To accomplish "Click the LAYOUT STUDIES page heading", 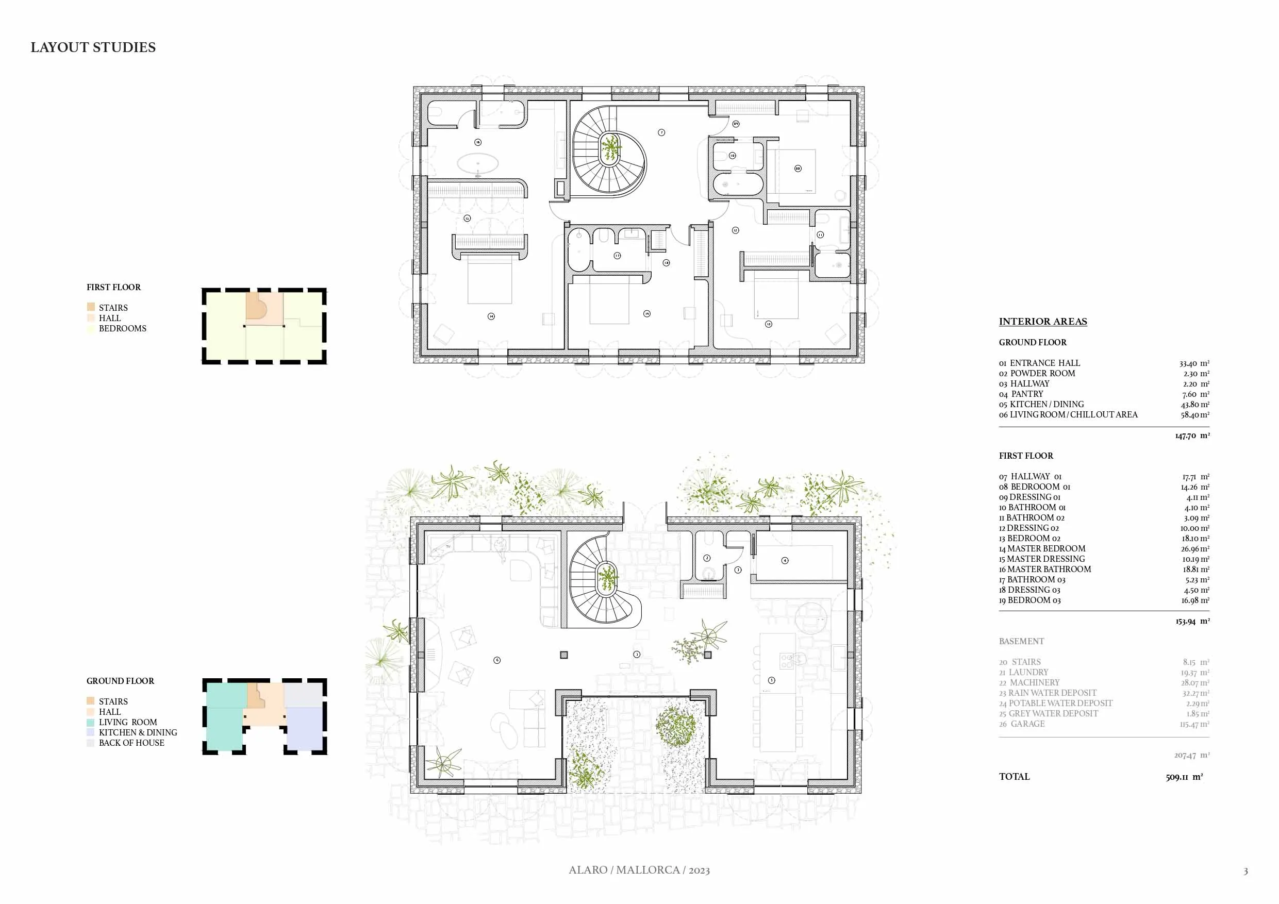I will [x=93, y=47].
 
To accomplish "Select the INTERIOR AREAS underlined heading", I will [x=1042, y=322].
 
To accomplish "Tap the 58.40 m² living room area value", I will [x=1194, y=415].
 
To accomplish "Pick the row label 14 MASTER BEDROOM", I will [x=1042, y=549].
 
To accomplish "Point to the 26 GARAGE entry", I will [x=1022, y=724].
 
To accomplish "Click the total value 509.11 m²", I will [x=1184, y=777].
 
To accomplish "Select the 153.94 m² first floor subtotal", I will [x=1192, y=621].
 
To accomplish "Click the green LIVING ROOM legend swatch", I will [x=91, y=723].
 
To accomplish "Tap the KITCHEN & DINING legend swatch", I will [x=91, y=732].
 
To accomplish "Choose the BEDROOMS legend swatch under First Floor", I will [x=91, y=329].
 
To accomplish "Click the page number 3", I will [x=1245, y=871].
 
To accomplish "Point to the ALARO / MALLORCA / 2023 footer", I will [x=639, y=870].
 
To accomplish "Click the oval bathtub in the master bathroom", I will [x=478, y=164].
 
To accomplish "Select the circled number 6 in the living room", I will [x=497, y=660].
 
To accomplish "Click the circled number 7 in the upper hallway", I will [x=661, y=132].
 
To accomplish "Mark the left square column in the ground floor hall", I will [x=564, y=655].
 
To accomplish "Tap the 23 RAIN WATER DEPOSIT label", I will [x=1047, y=693].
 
